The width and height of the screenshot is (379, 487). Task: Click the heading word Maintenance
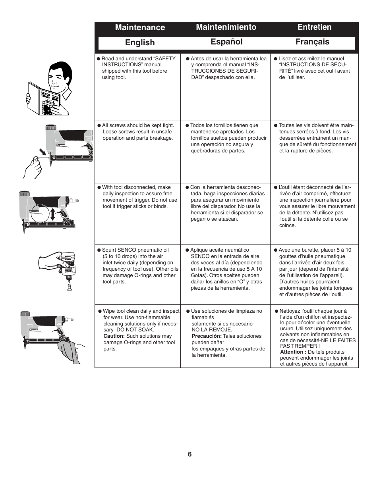tap(140, 27)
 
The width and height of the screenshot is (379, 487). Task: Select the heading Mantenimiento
tap(226, 27)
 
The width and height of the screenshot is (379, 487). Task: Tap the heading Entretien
tap(314, 27)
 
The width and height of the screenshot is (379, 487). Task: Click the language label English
tap(140, 43)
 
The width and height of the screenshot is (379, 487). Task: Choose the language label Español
tap(226, 42)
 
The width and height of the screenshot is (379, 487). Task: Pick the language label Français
tap(312, 42)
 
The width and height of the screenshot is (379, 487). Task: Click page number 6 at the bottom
tap(189, 454)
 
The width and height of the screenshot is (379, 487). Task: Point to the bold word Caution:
tap(114, 336)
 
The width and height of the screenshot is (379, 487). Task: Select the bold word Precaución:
tap(206, 336)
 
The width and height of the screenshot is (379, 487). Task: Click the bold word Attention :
tap(293, 352)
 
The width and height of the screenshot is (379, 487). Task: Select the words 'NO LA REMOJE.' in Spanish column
tap(212, 330)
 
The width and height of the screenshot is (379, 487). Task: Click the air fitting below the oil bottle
tap(69, 285)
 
